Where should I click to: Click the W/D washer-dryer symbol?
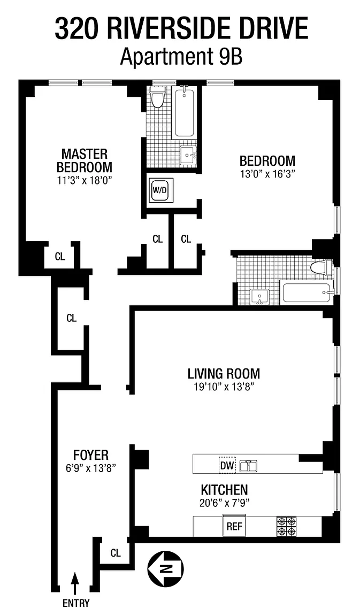click(159, 190)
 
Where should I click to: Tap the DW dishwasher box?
click(226, 466)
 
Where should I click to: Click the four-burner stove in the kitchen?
click(287, 526)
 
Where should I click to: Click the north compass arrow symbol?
click(165, 568)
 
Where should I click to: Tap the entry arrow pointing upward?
click(75, 583)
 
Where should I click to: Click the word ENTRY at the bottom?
click(76, 603)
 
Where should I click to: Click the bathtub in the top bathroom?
click(185, 112)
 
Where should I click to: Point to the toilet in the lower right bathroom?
click(321, 267)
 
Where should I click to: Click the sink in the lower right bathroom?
click(259, 297)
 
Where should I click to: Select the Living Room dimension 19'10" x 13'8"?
click(224, 387)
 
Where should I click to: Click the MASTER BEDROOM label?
click(84, 160)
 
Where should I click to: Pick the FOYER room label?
click(91, 455)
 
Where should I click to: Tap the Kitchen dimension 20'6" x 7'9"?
click(225, 503)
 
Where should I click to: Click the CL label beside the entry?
click(116, 553)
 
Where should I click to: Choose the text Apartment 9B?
click(181, 57)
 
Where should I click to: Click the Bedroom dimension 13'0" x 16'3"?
click(267, 174)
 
